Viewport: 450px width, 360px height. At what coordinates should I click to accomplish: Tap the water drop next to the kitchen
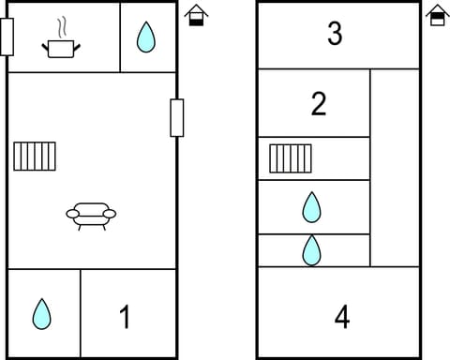pyautogui.click(x=146, y=37)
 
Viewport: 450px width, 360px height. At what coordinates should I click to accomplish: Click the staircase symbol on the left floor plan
pyautogui.click(x=36, y=156)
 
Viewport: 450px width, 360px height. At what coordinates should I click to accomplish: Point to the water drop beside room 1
pyautogui.click(x=41, y=313)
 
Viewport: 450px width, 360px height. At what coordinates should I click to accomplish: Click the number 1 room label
pyautogui.click(x=125, y=317)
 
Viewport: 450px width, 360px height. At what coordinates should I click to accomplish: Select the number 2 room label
pyautogui.click(x=318, y=104)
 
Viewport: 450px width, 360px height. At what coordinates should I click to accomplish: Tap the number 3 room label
pyautogui.click(x=335, y=34)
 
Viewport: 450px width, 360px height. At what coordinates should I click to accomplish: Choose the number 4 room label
pyautogui.click(x=342, y=317)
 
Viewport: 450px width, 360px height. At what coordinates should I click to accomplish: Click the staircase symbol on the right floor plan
pyautogui.click(x=290, y=158)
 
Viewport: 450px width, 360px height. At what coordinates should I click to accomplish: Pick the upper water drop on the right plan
pyautogui.click(x=312, y=206)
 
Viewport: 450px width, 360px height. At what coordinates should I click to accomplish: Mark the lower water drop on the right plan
pyautogui.click(x=312, y=250)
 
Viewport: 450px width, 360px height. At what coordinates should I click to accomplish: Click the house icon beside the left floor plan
pyautogui.click(x=196, y=15)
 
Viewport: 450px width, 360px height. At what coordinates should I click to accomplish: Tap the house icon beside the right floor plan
pyautogui.click(x=437, y=15)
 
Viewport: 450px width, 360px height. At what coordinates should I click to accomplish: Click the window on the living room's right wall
pyautogui.click(x=176, y=117)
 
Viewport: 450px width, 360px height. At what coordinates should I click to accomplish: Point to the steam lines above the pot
pyautogui.click(x=63, y=25)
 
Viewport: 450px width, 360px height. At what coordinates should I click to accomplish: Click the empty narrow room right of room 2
pyautogui.click(x=395, y=167)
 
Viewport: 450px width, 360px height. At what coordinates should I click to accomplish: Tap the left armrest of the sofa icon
pyautogui.click(x=72, y=215)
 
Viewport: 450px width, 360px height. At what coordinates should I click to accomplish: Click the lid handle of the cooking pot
pyautogui.click(x=63, y=38)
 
